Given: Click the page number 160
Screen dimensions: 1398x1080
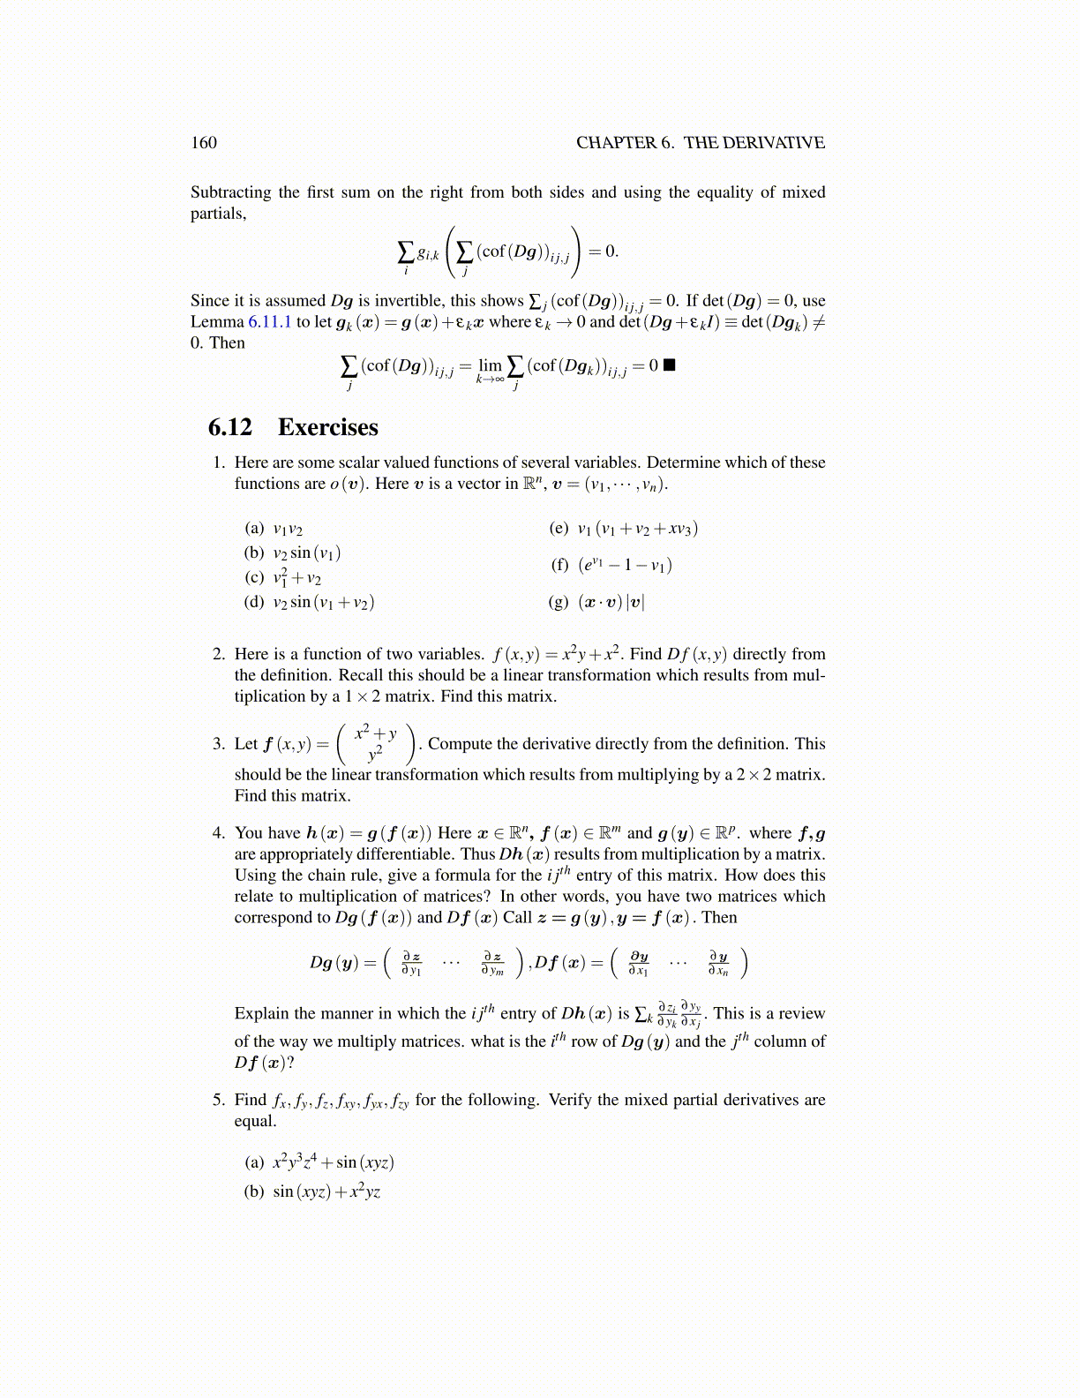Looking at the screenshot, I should coord(204,143).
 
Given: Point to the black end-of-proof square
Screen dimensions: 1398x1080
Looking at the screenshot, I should coord(669,365).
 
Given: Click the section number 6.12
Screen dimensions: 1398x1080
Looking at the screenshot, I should coord(230,427).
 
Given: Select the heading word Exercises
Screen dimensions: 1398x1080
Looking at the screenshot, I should coord(328,427).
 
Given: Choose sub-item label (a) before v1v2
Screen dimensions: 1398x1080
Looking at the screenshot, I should coord(254,529).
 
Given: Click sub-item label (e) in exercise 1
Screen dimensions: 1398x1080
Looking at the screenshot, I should coord(559,529).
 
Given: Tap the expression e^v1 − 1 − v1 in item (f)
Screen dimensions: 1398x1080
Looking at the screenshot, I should coord(626,565).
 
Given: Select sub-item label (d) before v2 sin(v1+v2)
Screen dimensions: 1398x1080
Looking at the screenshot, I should coord(254,602).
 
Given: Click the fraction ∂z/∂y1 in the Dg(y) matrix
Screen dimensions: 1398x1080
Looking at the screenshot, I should coord(411,963).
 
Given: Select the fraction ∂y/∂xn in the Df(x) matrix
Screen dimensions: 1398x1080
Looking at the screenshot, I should coord(718,963).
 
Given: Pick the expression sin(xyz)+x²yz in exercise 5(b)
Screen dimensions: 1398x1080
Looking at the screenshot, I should coord(326,1191).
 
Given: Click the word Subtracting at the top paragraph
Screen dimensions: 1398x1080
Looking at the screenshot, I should coord(231,192).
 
